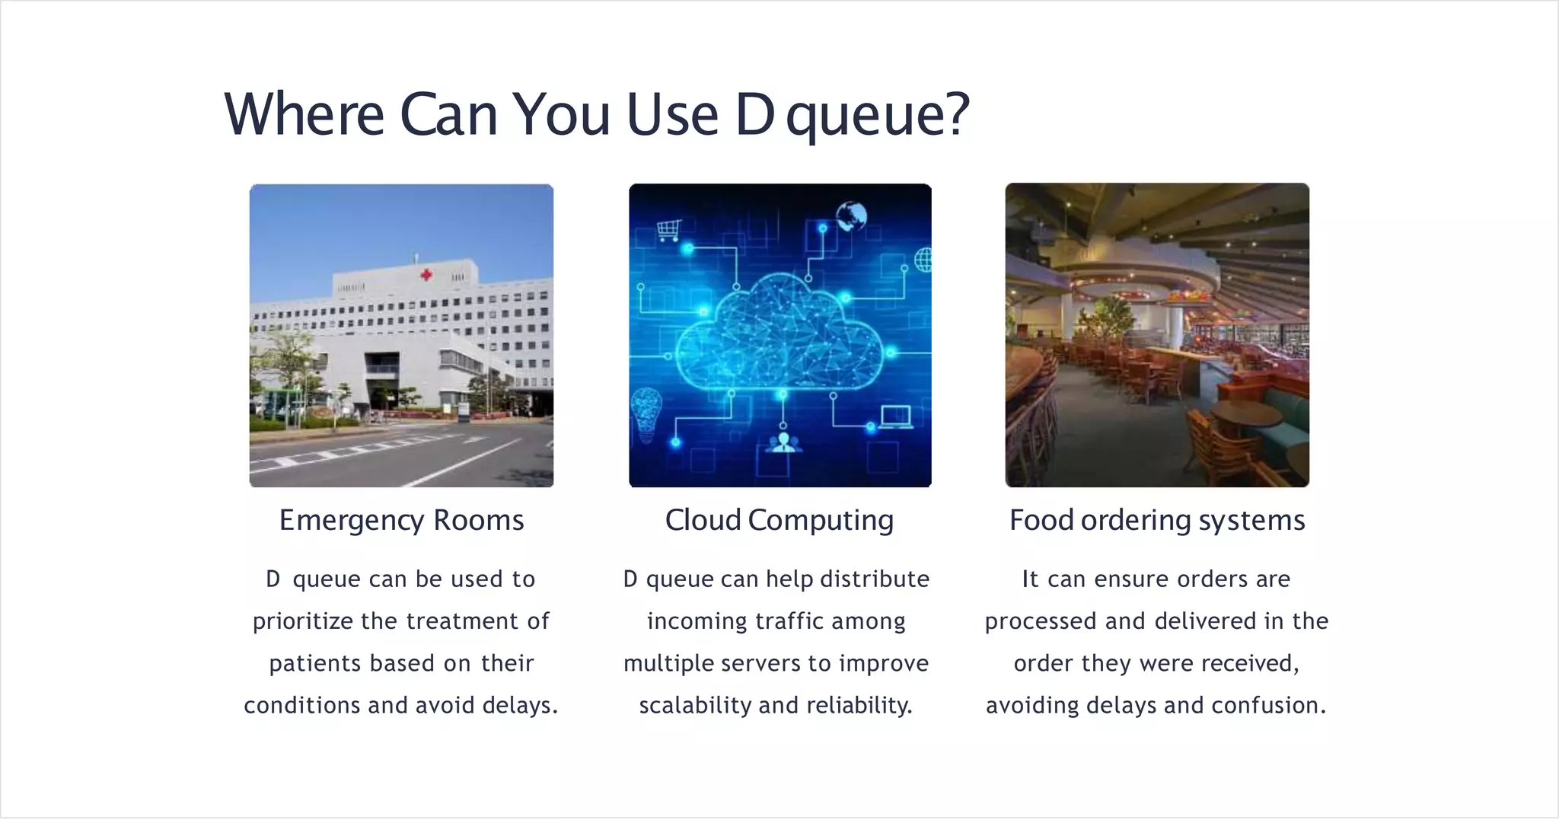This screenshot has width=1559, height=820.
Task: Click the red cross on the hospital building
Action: click(x=426, y=274)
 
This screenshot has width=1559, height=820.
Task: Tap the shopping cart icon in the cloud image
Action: click(x=668, y=229)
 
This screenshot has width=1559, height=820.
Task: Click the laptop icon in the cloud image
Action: click(x=895, y=417)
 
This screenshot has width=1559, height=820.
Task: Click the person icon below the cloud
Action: click(x=783, y=442)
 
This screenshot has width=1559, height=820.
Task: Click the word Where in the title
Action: click(x=304, y=114)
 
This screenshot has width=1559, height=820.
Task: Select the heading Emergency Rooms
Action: click(x=401, y=520)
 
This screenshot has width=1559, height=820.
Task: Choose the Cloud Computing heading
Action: click(x=779, y=520)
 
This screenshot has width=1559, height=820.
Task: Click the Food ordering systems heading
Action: click(x=1156, y=520)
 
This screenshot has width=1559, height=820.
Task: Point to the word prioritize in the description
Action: click(x=303, y=621)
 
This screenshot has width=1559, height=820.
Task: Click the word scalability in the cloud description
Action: click(x=694, y=705)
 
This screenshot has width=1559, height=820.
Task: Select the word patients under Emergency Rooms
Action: click(x=314, y=663)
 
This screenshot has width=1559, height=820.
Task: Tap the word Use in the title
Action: click(x=672, y=114)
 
